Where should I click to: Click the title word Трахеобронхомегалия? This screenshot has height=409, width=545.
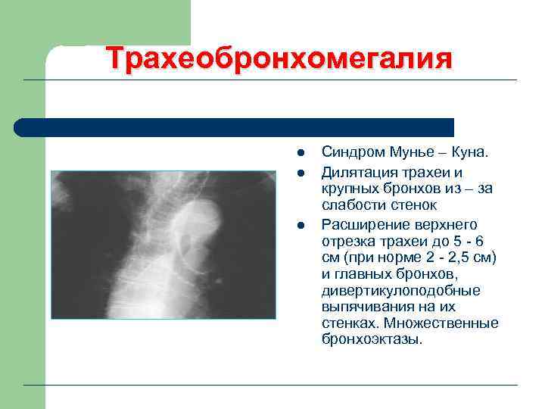coord(279,59)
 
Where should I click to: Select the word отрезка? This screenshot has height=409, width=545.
coord(348,242)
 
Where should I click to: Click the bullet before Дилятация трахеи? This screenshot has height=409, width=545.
coord(301,173)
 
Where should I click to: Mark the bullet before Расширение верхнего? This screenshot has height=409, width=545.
coord(301,225)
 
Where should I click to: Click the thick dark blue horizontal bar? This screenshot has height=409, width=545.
coord(235,127)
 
